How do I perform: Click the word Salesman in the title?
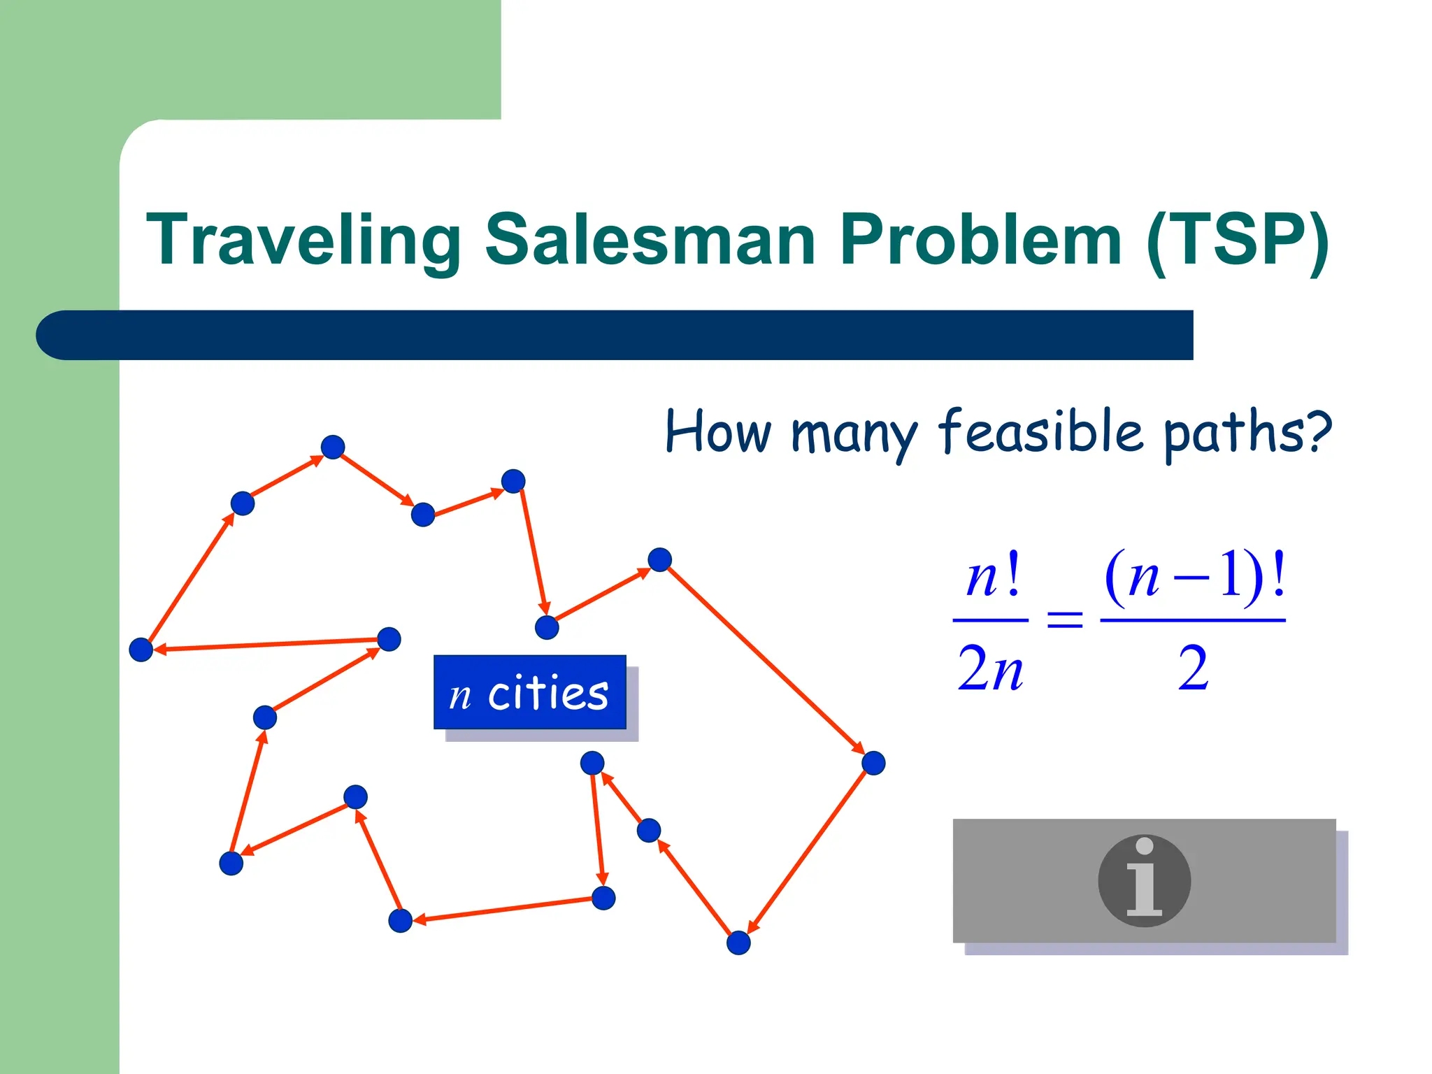click(x=650, y=240)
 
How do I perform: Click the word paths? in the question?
click(x=1247, y=433)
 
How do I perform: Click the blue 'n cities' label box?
click(x=529, y=692)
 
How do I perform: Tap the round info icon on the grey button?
click(x=1144, y=880)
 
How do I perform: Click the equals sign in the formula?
click(x=1064, y=620)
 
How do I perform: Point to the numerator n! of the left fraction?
click(x=991, y=578)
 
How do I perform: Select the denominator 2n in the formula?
click(x=990, y=668)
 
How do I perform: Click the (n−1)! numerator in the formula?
click(x=1194, y=576)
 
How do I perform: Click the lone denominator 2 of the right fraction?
click(x=1193, y=668)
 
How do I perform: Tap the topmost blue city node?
click(x=333, y=447)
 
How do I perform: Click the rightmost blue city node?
click(x=873, y=763)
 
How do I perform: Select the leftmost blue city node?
click(x=141, y=650)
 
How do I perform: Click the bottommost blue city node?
click(x=738, y=943)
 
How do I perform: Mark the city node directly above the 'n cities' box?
click(x=547, y=627)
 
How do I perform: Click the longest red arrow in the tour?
click(x=766, y=661)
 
